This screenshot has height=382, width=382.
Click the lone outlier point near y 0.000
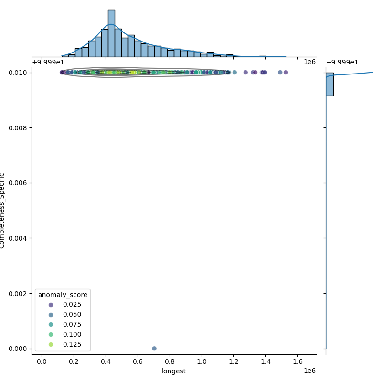[x=154, y=348]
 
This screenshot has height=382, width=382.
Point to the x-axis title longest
[x=174, y=371]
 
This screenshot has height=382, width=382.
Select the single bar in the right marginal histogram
[x=329, y=84]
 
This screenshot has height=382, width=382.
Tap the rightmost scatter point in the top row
[x=286, y=73]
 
